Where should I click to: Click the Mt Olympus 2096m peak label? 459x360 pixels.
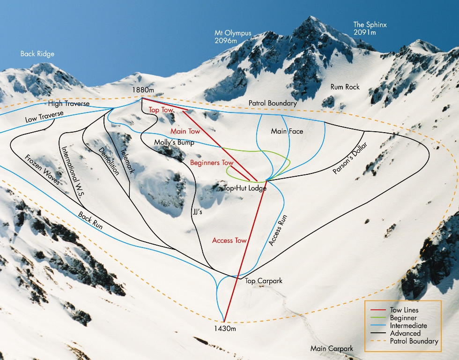pyautogui.click(x=233, y=37)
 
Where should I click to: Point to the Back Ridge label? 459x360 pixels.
pyautogui.click(x=37, y=54)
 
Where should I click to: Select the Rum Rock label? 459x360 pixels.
pyautogui.click(x=345, y=87)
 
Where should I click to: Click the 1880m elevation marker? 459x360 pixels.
pyautogui.click(x=142, y=90)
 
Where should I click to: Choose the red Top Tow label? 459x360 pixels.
pyautogui.click(x=161, y=110)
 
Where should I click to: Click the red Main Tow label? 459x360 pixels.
pyautogui.click(x=185, y=131)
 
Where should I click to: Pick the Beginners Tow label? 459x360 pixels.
pyautogui.click(x=212, y=163)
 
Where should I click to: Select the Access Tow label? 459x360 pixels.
pyautogui.click(x=229, y=240)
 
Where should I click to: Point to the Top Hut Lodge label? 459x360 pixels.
pyautogui.click(x=245, y=188)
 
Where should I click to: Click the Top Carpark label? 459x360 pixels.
pyautogui.click(x=264, y=281)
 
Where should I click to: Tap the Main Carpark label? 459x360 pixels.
pyautogui.click(x=331, y=349)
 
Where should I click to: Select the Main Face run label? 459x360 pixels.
pyautogui.click(x=287, y=131)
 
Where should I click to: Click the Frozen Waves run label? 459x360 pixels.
pyautogui.click(x=43, y=170)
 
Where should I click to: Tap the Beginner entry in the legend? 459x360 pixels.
pyautogui.click(x=403, y=318)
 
